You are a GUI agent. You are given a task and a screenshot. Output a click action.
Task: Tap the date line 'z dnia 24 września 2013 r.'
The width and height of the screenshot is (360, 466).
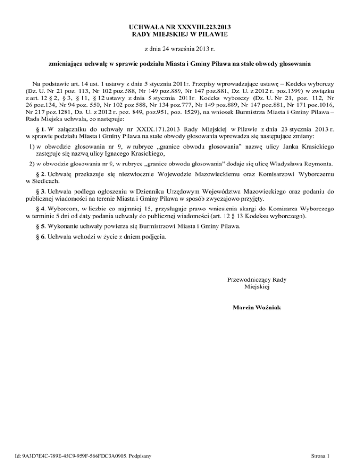click(x=180, y=49)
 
